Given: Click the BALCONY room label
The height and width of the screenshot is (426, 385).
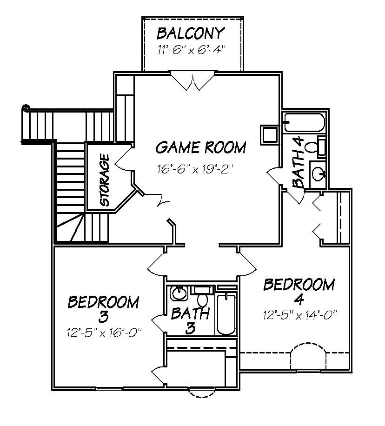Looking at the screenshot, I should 191,34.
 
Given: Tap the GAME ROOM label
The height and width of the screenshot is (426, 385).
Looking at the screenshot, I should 200,148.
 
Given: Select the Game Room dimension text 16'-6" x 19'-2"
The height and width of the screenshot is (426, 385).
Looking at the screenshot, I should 195,168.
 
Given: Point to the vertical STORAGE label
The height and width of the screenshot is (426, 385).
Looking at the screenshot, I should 105,180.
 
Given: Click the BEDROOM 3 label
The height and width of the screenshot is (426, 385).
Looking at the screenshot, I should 103,309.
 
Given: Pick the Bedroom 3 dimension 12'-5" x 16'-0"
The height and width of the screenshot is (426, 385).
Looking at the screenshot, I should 104,333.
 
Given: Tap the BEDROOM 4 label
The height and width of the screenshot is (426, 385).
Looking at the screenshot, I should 299,291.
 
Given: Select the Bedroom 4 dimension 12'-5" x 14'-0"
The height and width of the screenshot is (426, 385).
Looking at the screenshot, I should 299,316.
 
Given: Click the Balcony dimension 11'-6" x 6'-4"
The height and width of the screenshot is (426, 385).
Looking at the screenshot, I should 191,50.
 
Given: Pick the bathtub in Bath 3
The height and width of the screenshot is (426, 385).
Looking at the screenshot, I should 226,314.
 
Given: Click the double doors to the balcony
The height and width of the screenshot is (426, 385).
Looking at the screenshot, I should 192,80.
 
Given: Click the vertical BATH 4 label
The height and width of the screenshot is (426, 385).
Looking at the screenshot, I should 300,162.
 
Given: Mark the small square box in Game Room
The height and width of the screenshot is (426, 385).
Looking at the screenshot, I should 269,134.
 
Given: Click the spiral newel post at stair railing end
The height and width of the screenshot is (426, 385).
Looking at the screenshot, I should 26,108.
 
